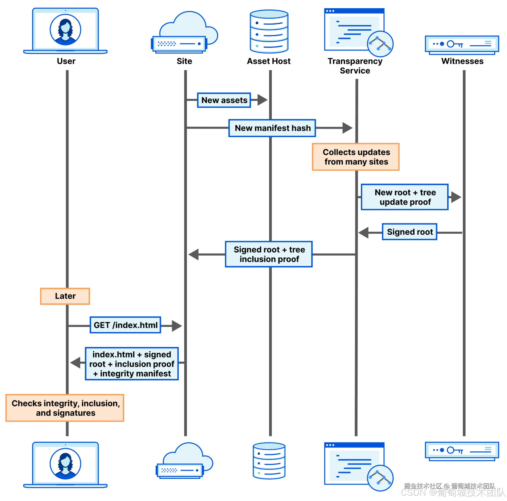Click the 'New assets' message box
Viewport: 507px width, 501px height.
[224, 100]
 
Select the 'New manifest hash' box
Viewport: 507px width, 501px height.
[272, 128]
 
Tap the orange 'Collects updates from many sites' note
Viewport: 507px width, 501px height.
[356, 157]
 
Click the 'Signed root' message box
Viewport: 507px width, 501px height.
[409, 232]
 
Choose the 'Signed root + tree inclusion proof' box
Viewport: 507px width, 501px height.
[269, 254]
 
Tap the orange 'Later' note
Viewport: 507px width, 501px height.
[65, 296]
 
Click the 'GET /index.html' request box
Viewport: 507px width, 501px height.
[126, 325]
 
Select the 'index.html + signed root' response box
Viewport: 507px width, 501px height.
[132, 364]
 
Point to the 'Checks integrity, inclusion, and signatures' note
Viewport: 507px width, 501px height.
[65, 408]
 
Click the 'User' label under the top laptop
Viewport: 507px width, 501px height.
[66, 61]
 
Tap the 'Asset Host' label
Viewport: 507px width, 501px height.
[269, 61]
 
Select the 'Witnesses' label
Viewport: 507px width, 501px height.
[462, 61]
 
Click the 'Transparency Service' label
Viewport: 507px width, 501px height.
[355, 66]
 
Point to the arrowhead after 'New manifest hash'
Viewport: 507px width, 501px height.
[347, 128]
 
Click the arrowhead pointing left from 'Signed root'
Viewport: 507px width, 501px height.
[364, 233]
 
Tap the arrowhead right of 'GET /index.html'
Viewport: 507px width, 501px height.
[177, 326]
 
